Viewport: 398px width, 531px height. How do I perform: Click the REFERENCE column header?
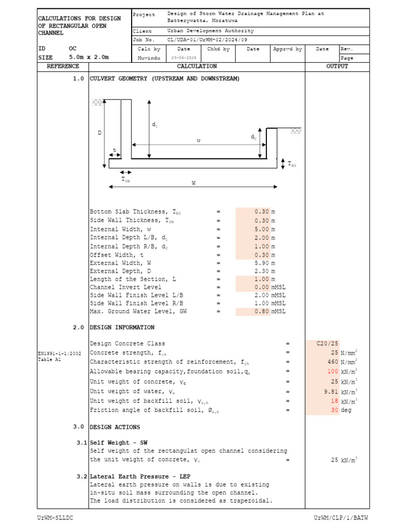click(x=63, y=66)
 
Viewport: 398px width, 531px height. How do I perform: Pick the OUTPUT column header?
click(x=337, y=66)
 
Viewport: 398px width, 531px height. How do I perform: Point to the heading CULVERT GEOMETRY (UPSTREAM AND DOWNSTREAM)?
click(x=165, y=79)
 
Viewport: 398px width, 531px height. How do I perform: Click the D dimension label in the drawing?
click(x=99, y=133)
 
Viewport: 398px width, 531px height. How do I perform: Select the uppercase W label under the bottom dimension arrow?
click(x=193, y=183)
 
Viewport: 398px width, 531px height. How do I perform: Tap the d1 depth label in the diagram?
click(x=154, y=125)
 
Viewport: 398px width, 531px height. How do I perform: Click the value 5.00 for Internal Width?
click(x=262, y=229)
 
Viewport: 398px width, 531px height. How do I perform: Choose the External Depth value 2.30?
click(x=262, y=271)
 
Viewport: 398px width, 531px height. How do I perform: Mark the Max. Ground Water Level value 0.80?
click(x=262, y=312)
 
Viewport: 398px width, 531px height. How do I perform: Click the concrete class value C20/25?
click(x=328, y=343)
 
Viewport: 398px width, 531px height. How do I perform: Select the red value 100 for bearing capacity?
click(x=332, y=372)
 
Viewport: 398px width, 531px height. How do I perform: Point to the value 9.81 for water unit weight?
click(x=330, y=392)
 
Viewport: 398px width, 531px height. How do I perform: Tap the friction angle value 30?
click(x=334, y=410)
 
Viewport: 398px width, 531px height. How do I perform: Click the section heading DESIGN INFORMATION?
click(x=122, y=328)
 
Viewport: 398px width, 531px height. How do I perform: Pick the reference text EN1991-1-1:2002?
click(x=59, y=354)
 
